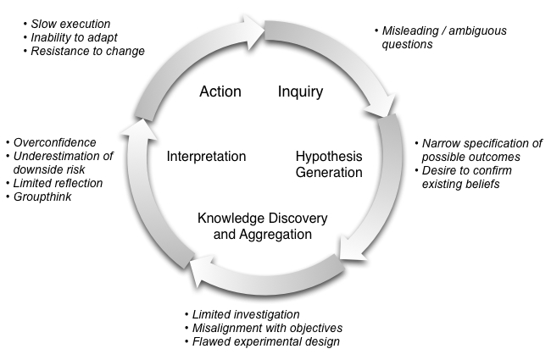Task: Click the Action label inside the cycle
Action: click(220, 91)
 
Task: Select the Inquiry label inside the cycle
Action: click(300, 92)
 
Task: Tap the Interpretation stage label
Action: click(206, 157)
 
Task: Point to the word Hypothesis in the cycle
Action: click(329, 157)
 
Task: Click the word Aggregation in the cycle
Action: click(275, 235)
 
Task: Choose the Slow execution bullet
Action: click(70, 24)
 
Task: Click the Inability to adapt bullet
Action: click(74, 37)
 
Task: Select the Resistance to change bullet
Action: click(87, 52)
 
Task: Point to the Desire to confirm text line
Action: click(467, 171)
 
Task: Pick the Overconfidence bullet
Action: click(54, 142)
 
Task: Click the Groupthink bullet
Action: click(42, 197)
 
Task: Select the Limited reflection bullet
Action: click(58, 183)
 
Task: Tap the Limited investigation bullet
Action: click(246, 314)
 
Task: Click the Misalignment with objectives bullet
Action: click(267, 328)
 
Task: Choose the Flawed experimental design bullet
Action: click(266, 341)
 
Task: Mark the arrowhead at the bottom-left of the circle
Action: click(203, 271)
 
